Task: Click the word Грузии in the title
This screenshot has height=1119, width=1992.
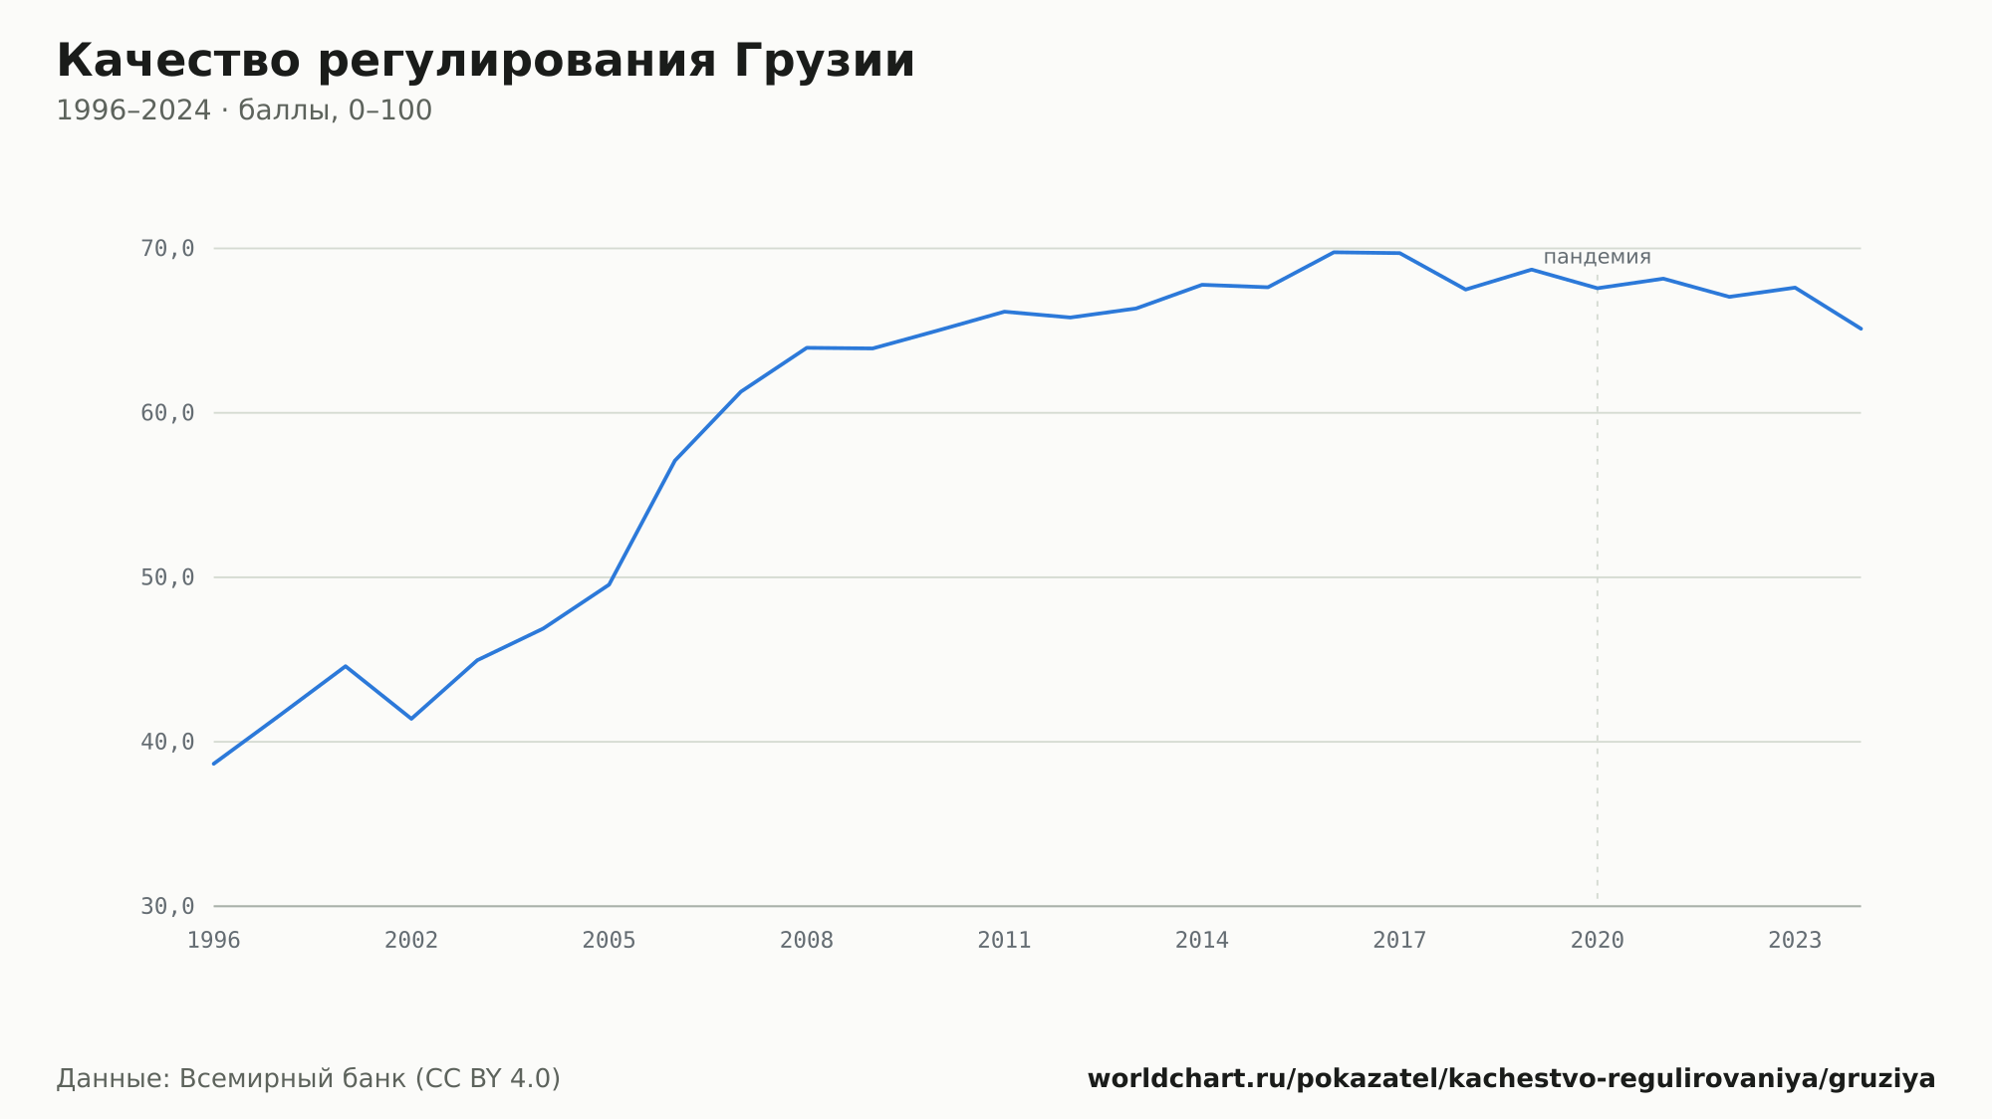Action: pos(825,61)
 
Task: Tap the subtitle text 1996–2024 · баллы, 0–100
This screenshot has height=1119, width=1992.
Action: pos(244,111)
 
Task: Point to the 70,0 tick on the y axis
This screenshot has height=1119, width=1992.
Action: pos(167,249)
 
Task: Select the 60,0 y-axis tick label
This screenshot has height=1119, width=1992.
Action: pos(167,413)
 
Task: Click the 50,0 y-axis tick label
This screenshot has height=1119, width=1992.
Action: pos(167,577)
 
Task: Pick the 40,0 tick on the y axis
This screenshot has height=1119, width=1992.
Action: pos(167,742)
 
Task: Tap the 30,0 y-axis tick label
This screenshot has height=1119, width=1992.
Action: pos(167,906)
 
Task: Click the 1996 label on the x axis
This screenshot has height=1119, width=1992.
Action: pos(214,941)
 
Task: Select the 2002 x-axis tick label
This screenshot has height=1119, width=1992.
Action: pos(411,941)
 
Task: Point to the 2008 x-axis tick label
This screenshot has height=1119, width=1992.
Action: pos(807,941)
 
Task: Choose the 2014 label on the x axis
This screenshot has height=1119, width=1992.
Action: pos(1202,941)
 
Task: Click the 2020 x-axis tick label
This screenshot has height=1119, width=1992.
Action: pos(1598,941)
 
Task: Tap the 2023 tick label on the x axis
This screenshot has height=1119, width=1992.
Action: pos(1795,941)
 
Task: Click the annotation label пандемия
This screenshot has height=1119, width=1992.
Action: pos(1598,257)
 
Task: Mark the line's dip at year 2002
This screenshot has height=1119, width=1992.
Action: pos(411,719)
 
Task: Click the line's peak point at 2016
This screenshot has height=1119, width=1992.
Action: pos(1334,252)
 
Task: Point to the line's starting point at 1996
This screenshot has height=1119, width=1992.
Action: pos(214,764)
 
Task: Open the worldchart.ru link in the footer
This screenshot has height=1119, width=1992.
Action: pos(1511,1079)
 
